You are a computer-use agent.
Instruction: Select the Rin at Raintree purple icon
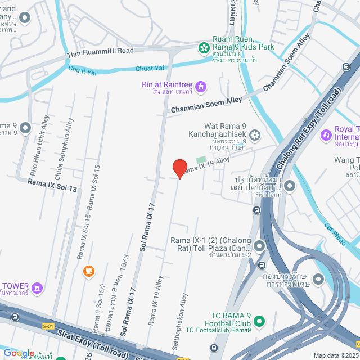pos(201,86)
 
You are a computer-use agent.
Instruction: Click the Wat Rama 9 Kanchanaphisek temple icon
pos(255,135)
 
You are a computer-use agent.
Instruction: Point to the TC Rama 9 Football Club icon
pos(259,321)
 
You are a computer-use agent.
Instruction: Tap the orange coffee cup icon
pos(88,271)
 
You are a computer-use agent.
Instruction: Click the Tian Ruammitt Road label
pos(100,52)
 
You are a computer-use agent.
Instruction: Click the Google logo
pos(19,353)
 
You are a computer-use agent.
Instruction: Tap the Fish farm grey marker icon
pos(290,184)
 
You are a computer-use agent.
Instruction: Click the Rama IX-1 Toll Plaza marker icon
pos(259,246)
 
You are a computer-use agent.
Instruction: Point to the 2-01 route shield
pos(48,326)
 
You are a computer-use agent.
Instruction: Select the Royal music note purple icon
pos(326,135)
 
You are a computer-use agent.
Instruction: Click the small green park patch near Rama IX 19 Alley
pos(201,161)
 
